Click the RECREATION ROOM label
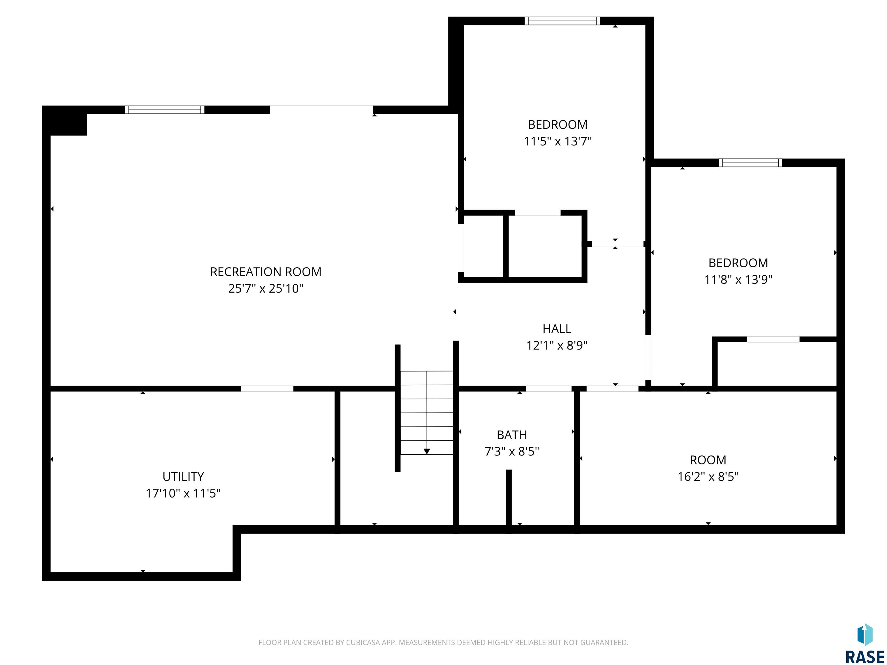pos(266,272)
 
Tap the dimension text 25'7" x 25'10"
pos(266,289)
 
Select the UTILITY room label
pos(183,477)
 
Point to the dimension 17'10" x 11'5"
pos(183,493)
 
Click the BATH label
pos(512,435)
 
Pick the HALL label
pos(557,329)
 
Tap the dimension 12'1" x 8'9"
pos(557,345)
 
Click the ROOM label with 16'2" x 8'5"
pos(708,460)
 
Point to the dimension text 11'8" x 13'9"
pos(738,279)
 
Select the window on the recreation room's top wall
pos(164,110)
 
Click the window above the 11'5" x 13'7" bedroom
pos(562,21)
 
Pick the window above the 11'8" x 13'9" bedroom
pos(750,163)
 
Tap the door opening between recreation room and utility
pos(267,388)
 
